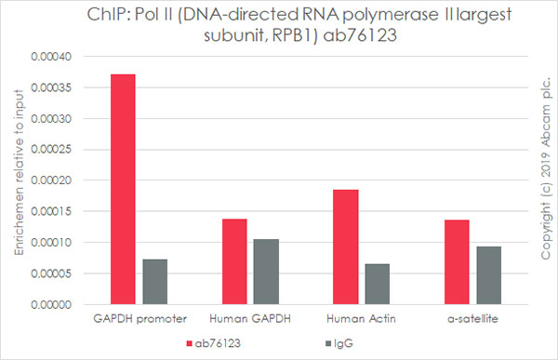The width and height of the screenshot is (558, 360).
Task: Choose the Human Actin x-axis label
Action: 361,319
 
